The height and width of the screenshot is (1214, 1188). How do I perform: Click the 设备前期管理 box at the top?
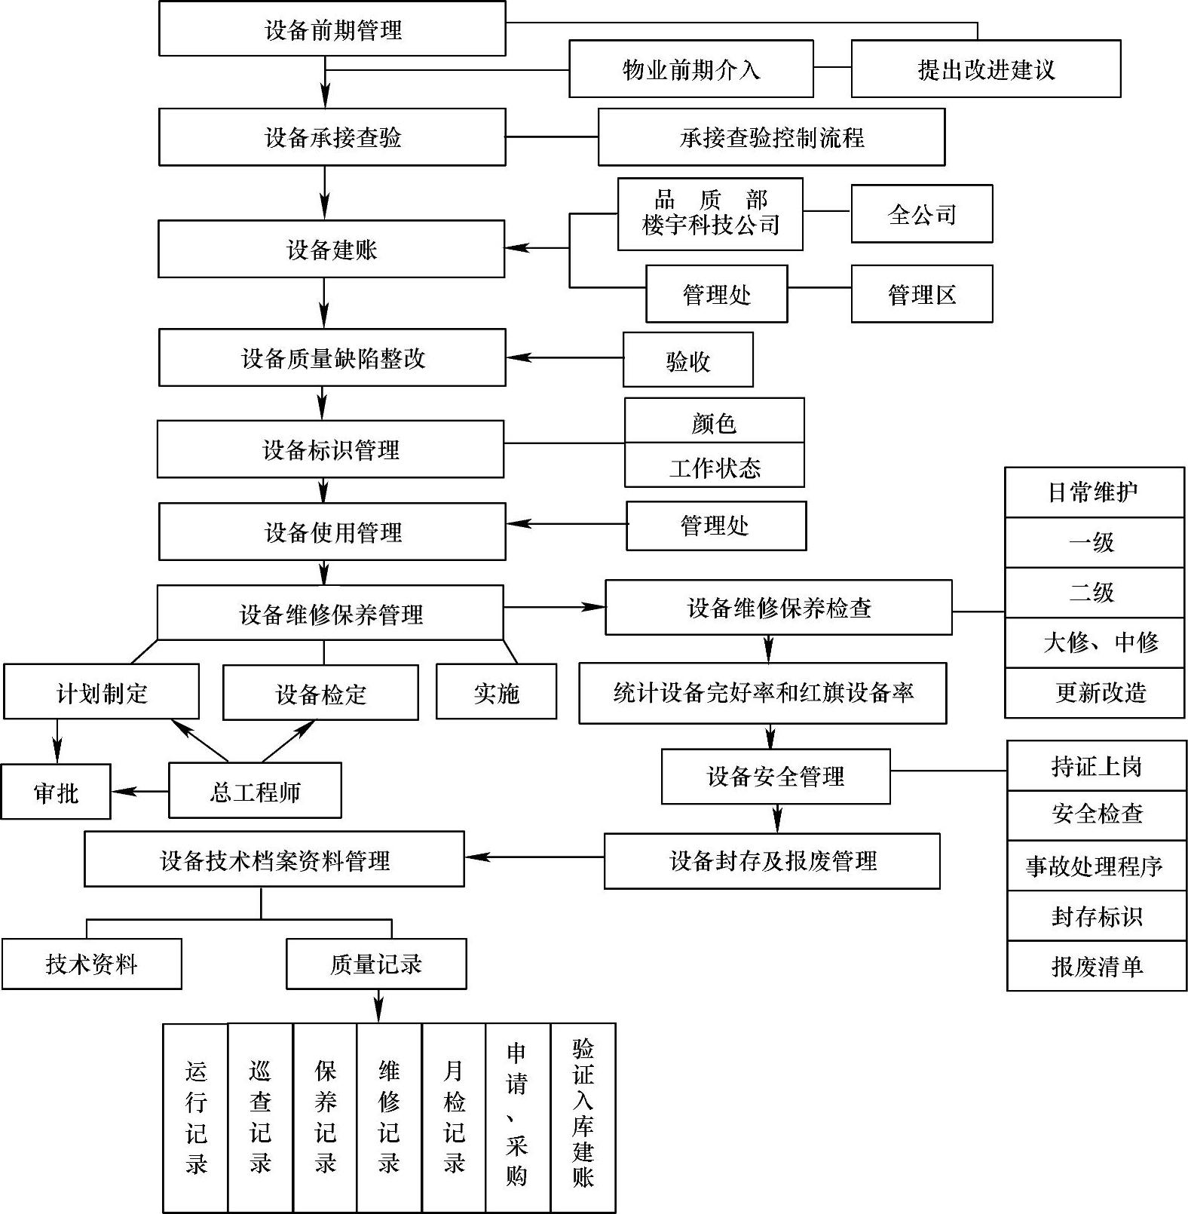pos(332,29)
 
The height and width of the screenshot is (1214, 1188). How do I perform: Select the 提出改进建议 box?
pos(985,69)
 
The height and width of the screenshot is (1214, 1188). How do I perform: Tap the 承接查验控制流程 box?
pos(771,137)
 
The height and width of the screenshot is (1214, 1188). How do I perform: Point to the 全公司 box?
pos(921,215)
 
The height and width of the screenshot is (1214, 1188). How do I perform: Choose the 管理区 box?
pos(921,294)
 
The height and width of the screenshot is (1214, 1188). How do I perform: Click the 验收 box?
pos(687,360)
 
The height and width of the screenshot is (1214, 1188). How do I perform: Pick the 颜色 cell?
pos(714,422)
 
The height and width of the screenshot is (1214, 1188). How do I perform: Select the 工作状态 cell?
pos(714,466)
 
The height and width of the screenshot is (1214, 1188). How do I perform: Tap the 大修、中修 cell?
pos(1095,642)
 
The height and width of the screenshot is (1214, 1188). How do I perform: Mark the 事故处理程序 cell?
pos(1096,866)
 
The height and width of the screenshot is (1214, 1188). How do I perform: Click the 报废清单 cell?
pos(1096,966)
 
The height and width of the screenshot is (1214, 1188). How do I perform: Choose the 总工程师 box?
pos(255,791)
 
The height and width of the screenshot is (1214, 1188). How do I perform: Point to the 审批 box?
pos(56,792)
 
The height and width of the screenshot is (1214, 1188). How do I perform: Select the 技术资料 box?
pos(91,964)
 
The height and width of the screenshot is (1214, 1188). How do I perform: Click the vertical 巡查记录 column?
pos(260,1117)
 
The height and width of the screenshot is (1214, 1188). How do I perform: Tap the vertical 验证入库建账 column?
pos(583,1117)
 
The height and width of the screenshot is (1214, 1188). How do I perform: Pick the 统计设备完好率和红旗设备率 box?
pos(762,693)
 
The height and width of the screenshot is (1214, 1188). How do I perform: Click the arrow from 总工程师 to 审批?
pos(139,791)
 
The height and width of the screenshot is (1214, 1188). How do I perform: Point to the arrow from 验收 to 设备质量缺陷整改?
pos(565,357)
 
